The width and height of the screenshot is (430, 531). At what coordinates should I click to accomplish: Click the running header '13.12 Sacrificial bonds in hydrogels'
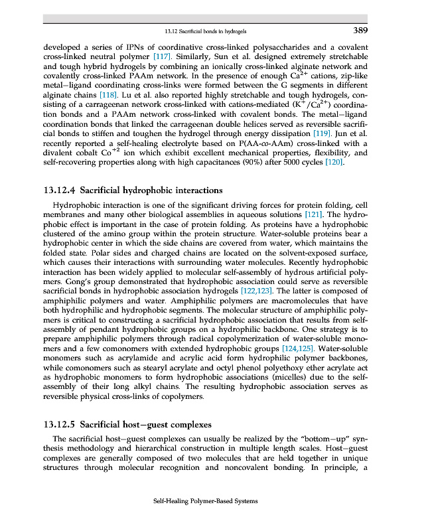209,31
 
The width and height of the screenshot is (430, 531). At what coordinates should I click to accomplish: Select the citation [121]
314,215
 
